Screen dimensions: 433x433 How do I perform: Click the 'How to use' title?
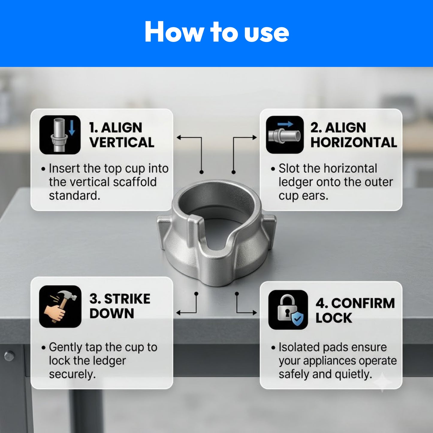point(217,32)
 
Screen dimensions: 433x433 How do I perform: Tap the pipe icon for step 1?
point(60,135)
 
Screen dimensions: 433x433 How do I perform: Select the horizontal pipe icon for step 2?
point(285,135)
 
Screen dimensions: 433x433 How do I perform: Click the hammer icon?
point(60,307)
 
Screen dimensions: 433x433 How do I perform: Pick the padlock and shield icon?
point(288,310)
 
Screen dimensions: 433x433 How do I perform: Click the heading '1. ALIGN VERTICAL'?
point(122,135)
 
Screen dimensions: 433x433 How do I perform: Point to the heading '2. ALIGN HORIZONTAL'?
point(354,135)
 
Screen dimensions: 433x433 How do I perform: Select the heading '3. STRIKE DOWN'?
point(120,306)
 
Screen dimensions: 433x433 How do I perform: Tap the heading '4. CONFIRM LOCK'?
point(355,310)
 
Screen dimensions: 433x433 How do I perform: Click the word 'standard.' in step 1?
point(75,195)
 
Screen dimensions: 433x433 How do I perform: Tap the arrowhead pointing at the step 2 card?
point(254,138)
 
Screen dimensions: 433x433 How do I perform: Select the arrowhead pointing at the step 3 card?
point(179,313)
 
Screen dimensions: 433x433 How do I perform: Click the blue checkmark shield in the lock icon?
point(297,318)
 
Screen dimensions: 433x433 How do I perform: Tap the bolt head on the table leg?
point(9,356)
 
